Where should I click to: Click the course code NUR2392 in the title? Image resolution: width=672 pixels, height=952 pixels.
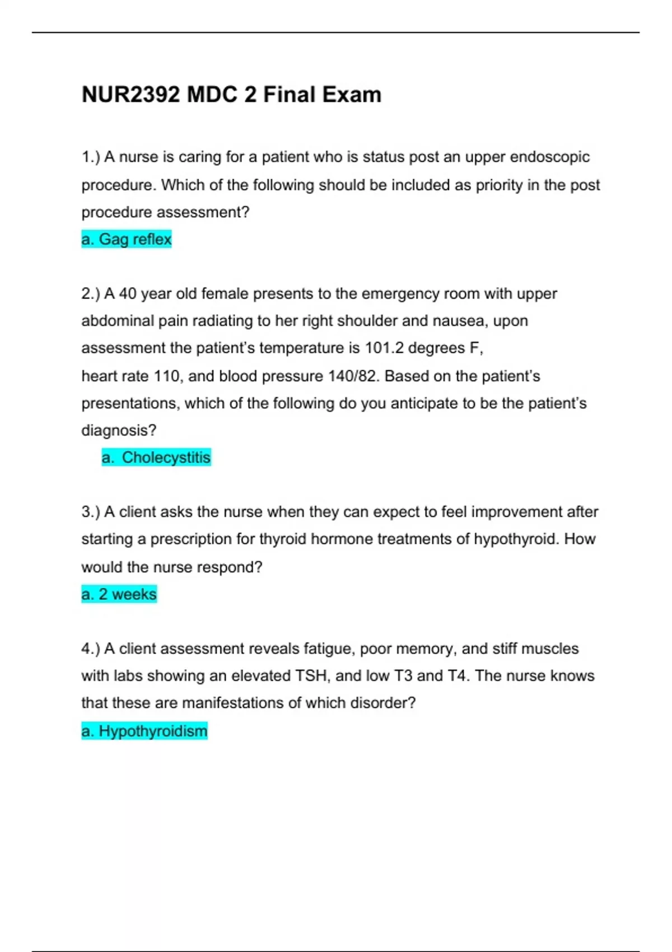131,95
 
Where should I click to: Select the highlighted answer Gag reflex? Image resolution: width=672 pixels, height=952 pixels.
127,240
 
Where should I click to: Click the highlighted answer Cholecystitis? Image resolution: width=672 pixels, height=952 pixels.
156,458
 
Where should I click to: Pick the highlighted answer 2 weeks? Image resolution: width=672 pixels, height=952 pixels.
119,594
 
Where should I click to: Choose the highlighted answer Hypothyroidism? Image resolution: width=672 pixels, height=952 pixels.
144,731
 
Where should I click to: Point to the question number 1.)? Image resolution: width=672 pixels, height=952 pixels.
91,157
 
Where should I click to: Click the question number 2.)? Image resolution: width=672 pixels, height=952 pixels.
91,294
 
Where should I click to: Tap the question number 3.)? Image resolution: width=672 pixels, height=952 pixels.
91,512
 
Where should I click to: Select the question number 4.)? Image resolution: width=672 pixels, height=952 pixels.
91,649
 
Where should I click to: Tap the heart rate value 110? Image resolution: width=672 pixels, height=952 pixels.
167,376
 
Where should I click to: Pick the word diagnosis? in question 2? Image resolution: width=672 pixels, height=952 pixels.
119,431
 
